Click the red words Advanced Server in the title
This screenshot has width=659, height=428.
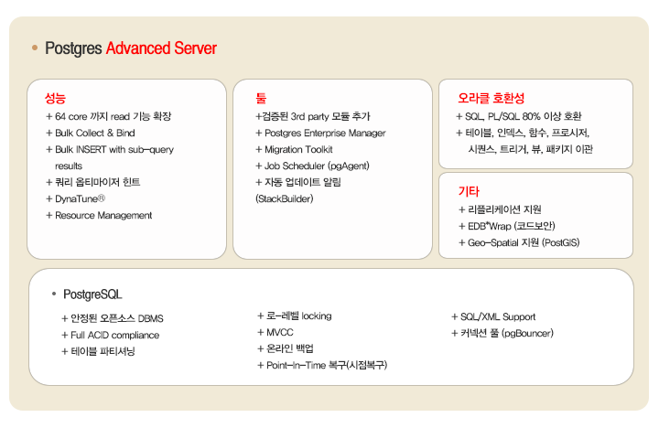(x=161, y=48)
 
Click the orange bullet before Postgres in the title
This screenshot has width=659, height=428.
(x=34, y=48)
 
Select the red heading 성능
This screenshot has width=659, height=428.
(x=55, y=97)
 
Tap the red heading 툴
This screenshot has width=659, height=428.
(x=261, y=97)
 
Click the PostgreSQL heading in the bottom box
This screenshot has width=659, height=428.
(x=92, y=294)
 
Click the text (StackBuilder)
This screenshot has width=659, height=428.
(x=284, y=198)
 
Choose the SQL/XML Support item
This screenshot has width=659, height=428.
(x=499, y=316)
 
